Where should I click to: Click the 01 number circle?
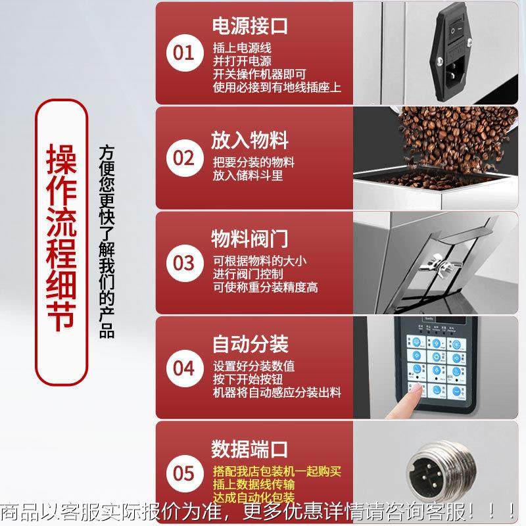coord(184,53)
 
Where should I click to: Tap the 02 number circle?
coord(184,158)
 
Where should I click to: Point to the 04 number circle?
coord(184,367)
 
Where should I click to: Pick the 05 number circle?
coord(184,472)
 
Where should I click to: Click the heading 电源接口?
coord(250,27)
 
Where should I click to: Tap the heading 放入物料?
coord(250,140)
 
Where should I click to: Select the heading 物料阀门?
coord(250,237)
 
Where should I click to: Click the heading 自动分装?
coord(250,343)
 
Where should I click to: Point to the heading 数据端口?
coord(250,450)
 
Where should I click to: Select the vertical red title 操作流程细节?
coord(62,243)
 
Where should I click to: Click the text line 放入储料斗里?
coord(247,176)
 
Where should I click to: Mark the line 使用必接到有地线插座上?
coord(277,87)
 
